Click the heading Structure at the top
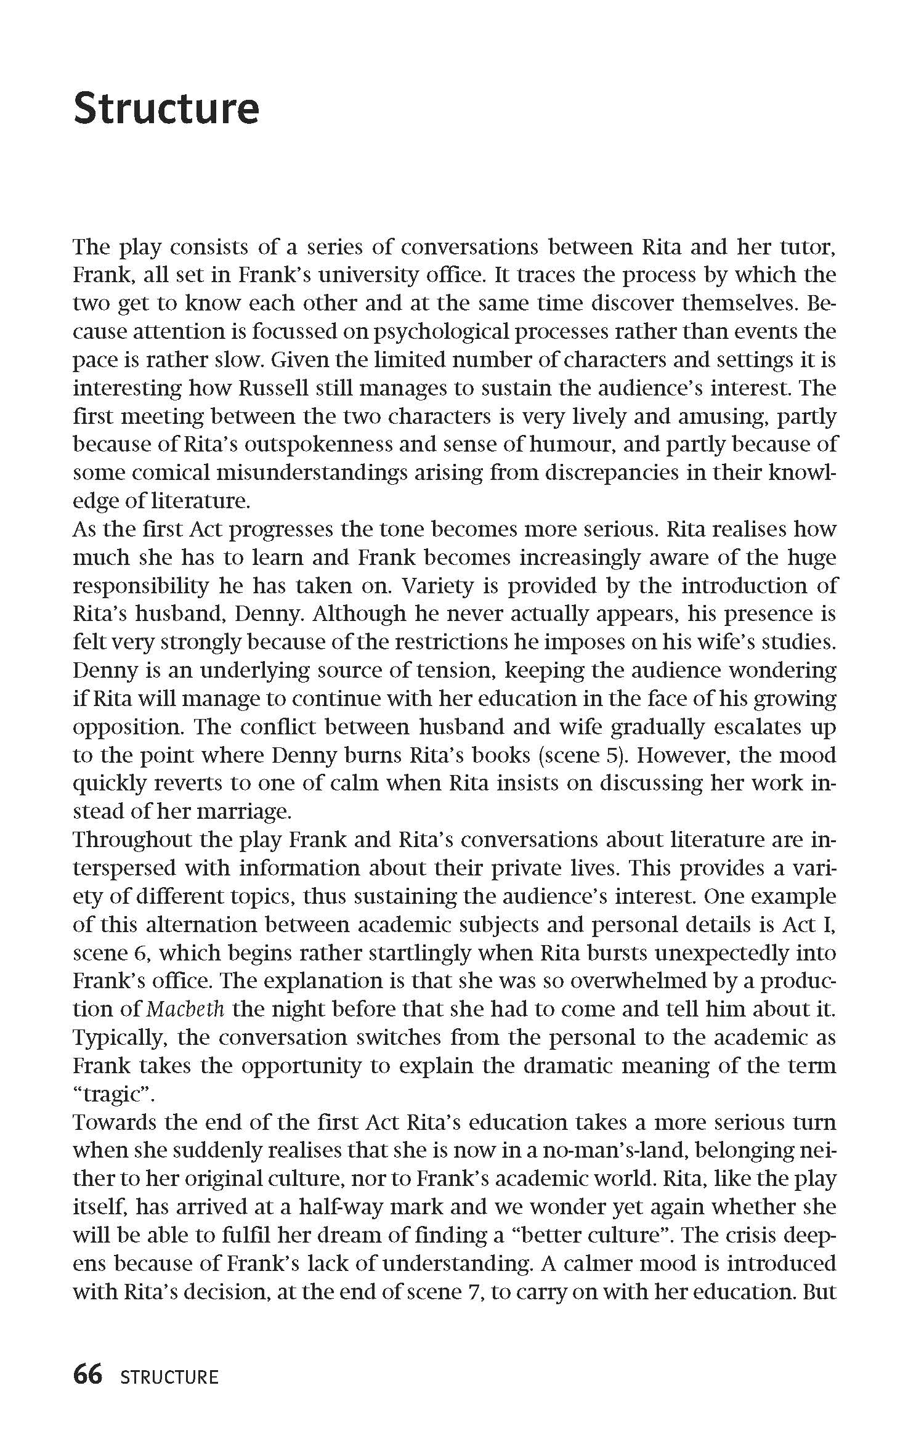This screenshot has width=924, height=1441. [x=166, y=109]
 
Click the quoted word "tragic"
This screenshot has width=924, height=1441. [x=112, y=1094]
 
